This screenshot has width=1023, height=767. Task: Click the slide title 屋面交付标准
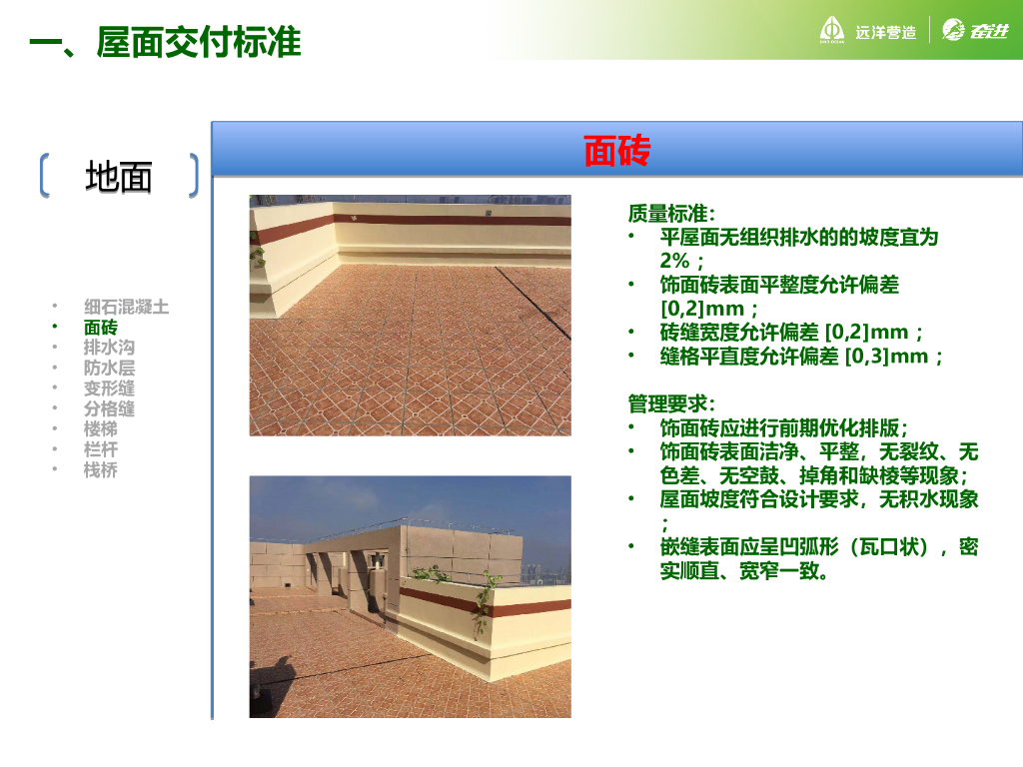point(199,42)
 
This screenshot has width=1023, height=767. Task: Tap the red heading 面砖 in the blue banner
point(616,150)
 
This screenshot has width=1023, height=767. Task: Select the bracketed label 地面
point(119,177)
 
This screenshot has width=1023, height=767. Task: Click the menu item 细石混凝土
point(126,307)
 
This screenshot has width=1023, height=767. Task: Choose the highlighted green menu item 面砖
point(101,327)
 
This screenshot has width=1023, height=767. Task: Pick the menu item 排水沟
point(109,347)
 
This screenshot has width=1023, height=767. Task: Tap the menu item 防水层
point(109,368)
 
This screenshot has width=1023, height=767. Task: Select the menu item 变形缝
point(109,388)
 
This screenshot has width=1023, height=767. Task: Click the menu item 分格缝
point(109,408)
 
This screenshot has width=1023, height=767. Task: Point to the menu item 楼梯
point(101,429)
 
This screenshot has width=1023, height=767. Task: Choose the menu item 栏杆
point(101,449)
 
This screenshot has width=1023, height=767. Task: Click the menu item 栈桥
point(101,470)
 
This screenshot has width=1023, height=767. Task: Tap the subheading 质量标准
point(671,214)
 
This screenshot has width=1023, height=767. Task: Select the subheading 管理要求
point(671,403)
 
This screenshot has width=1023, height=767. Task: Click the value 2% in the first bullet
point(674,261)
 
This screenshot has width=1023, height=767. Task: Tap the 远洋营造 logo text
point(885,32)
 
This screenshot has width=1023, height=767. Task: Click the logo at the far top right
point(975,30)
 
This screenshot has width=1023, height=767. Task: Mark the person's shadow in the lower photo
point(280,678)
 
